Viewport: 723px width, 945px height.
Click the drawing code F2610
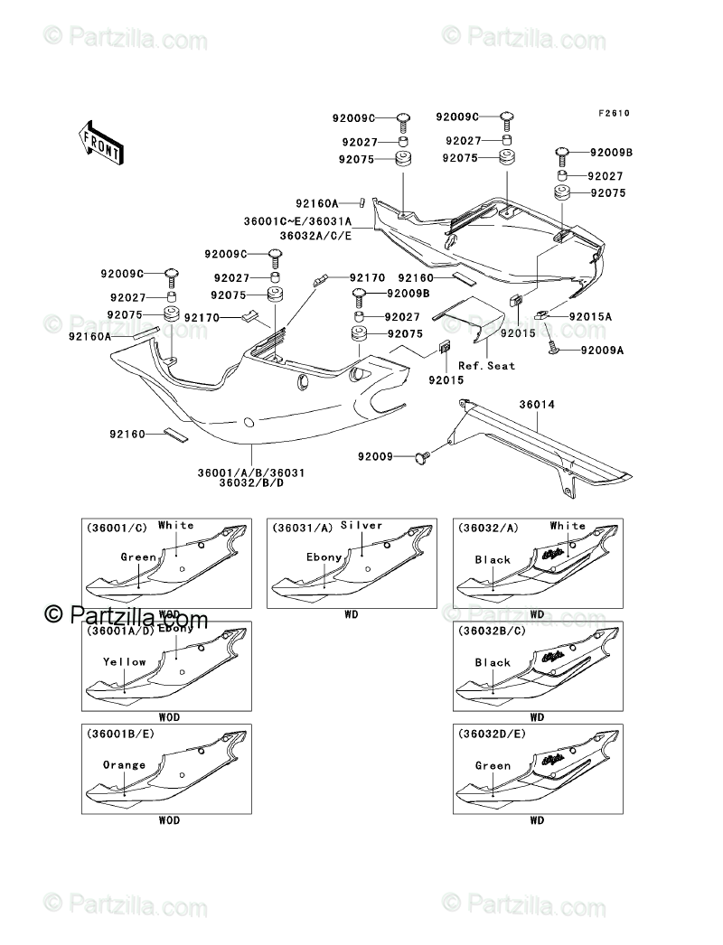pos(613,114)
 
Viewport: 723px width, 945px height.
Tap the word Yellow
pos(124,662)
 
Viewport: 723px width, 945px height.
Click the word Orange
pos(124,765)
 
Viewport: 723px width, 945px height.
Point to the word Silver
pos(361,525)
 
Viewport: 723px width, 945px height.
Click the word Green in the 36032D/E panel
pos(493,765)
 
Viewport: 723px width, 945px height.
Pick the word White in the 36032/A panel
pos(568,526)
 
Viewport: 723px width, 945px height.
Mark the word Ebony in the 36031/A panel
pos(324,557)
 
